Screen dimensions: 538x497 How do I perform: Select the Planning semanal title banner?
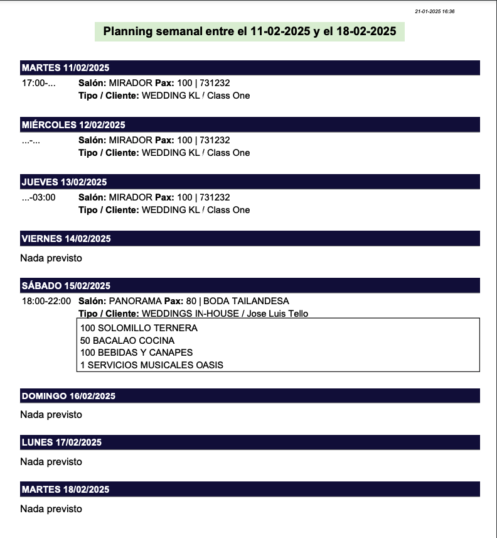(x=250, y=31)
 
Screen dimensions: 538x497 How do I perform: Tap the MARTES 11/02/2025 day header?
(x=65, y=68)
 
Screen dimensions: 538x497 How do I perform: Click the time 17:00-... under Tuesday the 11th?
(x=39, y=83)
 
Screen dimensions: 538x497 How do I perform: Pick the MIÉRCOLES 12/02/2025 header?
(x=73, y=124)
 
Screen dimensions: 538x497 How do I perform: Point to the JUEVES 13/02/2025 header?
(x=64, y=182)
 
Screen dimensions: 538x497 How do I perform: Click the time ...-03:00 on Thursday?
(x=39, y=197)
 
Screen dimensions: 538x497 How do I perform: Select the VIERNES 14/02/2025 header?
(x=66, y=239)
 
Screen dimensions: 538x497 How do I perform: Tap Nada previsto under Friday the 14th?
(x=51, y=258)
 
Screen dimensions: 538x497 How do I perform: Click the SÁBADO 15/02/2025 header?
(x=66, y=286)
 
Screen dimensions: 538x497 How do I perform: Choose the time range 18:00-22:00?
(x=46, y=301)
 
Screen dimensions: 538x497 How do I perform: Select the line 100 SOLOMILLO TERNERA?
(x=139, y=328)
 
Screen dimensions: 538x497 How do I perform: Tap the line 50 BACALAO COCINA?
(x=127, y=341)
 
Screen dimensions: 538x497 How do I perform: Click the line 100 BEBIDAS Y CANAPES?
(x=136, y=353)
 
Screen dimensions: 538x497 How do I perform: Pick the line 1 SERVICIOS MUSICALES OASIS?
(x=152, y=365)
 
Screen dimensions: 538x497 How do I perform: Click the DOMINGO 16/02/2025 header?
(x=68, y=396)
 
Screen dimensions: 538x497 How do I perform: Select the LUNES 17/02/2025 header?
(x=61, y=442)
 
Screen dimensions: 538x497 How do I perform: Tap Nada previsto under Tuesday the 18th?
(x=51, y=508)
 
